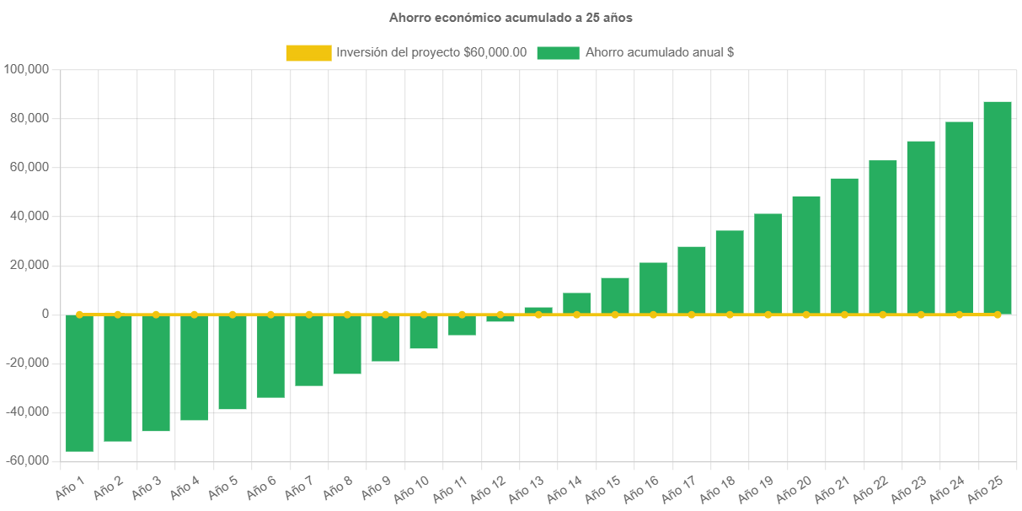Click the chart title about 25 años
click(511, 17)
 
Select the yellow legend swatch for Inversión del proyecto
click(308, 52)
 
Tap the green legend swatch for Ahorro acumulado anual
click(558, 52)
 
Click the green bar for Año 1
click(79, 384)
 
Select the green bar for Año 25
click(998, 207)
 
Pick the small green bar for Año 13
click(538, 310)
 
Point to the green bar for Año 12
click(500, 319)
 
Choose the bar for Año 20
click(806, 255)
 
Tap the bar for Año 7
click(309, 350)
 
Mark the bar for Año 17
click(692, 280)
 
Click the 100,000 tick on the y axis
click(27, 69)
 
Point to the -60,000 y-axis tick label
click(27, 460)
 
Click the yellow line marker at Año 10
click(424, 315)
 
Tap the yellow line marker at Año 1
click(79, 315)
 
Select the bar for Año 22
click(883, 237)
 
